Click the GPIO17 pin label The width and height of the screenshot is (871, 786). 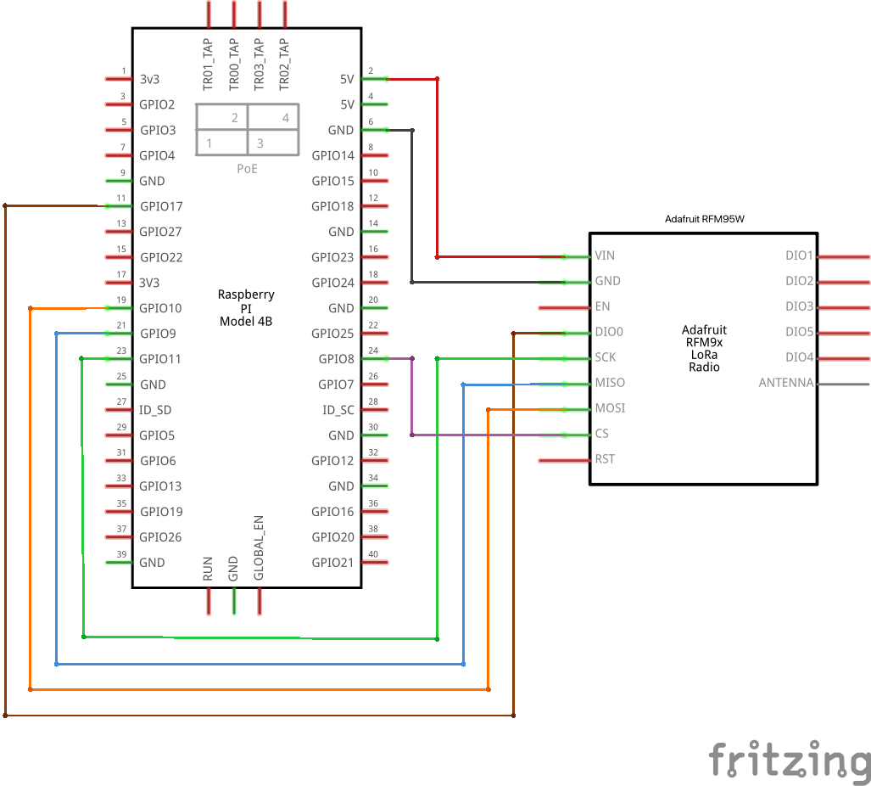coord(160,206)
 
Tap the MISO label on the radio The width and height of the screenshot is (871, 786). coord(610,383)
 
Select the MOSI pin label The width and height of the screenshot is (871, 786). coord(610,408)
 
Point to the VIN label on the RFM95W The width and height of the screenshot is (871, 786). coord(605,255)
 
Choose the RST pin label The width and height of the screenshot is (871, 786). coord(605,459)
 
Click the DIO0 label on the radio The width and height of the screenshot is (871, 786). coord(609,332)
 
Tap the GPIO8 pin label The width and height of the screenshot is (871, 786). coord(337,359)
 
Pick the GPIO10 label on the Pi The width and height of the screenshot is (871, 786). coord(160,308)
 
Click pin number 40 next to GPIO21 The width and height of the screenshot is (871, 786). coord(372,554)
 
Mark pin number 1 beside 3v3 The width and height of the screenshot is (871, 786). coord(124,71)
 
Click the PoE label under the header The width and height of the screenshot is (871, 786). coord(247,169)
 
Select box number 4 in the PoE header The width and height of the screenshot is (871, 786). coord(286,118)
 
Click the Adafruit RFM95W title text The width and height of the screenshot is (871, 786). coord(705,219)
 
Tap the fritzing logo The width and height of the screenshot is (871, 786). coord(789,759)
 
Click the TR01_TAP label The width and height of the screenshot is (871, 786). coord(209,65)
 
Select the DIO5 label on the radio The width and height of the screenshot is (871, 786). coord(799,332)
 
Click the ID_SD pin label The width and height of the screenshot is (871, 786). coord(155,410)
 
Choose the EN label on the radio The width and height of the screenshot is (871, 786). coord(602,306)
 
